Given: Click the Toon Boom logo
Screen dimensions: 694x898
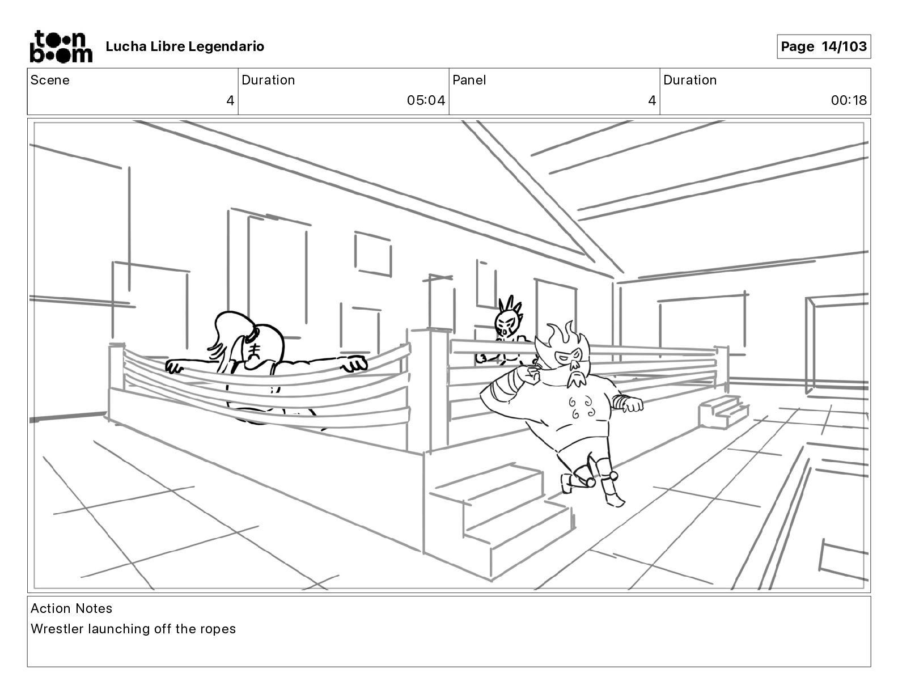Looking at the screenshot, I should point(61,46).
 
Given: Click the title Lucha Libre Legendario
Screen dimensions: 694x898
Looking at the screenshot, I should point(185,46).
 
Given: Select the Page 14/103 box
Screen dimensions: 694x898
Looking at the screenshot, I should point(823,46).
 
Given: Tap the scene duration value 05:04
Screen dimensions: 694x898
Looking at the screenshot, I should point(426,100).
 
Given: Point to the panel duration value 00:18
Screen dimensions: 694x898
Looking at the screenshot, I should point(849,100).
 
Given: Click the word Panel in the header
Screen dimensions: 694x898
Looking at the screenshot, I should point(469,80).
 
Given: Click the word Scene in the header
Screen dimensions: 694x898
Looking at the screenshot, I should point(50,80).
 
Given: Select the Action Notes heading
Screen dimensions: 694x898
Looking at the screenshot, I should point(71,608).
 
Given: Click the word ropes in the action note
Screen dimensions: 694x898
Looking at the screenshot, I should point(217,629).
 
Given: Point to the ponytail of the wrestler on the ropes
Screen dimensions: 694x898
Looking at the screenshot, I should point(227,332).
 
